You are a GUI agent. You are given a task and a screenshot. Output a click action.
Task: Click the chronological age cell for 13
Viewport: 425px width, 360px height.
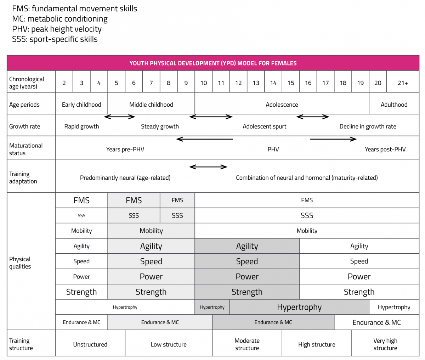[x=256, y=83]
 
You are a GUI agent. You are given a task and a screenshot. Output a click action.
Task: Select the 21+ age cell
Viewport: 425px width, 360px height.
[x=403, y=83]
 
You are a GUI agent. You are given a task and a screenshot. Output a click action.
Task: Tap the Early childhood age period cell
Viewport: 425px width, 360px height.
[x=81, y=105]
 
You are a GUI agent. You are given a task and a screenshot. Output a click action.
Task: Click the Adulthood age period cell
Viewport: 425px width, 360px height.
[x=394, y=105]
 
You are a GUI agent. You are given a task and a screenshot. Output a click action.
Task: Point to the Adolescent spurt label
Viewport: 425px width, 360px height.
[x=264, y=126]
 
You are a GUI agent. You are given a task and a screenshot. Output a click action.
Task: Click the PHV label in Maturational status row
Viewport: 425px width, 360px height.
[x=273, y=149]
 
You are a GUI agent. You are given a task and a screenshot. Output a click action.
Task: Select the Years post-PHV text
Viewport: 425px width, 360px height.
[x=385, y=149]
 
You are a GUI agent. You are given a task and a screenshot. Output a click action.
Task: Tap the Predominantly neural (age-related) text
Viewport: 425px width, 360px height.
[x=125, y=178]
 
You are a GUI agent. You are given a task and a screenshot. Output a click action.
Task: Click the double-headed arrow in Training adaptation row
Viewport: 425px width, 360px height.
[x=208, y=167]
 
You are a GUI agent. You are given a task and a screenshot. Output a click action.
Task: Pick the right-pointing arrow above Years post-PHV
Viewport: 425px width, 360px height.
[x=333, y=139]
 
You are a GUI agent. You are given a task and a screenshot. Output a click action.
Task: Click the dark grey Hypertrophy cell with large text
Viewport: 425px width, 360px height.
[x=299, y=307]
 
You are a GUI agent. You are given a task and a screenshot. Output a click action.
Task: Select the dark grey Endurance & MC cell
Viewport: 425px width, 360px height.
[x=273, y=322]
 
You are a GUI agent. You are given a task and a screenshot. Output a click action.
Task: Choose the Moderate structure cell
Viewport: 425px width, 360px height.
[x=247, y=344]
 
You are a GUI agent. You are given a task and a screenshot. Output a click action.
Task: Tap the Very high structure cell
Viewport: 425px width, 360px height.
[x=385, y=344]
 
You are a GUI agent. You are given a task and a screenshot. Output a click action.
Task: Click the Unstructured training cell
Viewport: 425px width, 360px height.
[x=90, y=344]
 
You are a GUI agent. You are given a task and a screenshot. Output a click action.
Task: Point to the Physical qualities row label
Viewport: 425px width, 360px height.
[x=20, y=263]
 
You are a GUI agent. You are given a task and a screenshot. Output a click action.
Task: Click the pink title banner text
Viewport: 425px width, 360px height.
[x=213, y=63]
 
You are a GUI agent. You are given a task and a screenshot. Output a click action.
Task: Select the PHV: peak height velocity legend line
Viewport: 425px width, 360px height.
[x=57, y=29]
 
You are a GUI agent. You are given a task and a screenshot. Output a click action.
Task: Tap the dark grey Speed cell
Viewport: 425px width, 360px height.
[x=247, y=261]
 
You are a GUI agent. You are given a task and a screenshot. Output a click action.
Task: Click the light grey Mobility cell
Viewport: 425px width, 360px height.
[x=151, y=231]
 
